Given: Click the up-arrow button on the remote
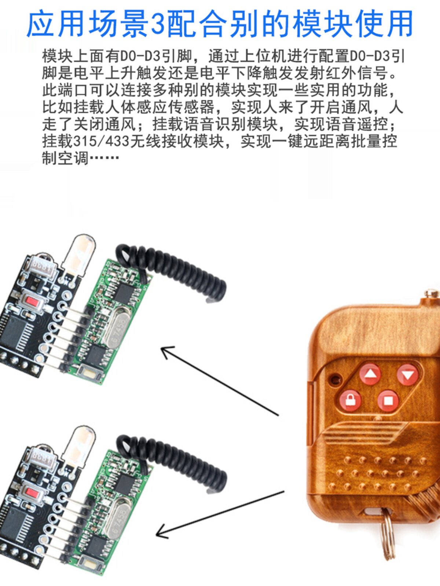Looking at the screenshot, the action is [x=370, y=374].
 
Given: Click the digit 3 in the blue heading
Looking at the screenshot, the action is [x=158, y=23].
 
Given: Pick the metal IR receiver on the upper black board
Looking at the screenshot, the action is [x=43, y=267].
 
